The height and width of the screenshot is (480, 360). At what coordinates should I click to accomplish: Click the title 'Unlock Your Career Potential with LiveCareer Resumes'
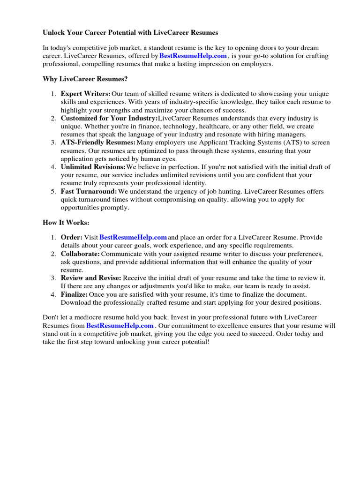tap(130, 33)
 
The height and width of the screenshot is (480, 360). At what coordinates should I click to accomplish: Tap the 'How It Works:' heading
tap(66, 222)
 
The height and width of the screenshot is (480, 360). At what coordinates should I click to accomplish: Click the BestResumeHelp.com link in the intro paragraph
tap(193, 56)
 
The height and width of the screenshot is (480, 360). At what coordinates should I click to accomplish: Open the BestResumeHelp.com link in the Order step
tap(133, 237)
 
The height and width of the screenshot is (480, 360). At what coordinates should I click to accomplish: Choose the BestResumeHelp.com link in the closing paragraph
tap(120, 325)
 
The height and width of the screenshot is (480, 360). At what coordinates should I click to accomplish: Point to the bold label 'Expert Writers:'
tap(85, 94)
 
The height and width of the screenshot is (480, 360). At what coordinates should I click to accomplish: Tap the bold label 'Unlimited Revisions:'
tap(93, 167)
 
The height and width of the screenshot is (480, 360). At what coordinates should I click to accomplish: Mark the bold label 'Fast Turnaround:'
tap(89, 191)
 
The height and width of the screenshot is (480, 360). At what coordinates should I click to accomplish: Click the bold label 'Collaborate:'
tap(80, 254)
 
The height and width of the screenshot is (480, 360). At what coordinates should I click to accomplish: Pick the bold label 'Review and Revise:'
tap(91, 278)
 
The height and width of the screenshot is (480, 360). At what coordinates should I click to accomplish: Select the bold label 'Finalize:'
tap(74, 294)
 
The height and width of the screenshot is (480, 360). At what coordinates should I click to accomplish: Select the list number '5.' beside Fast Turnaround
tap(53, 191)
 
